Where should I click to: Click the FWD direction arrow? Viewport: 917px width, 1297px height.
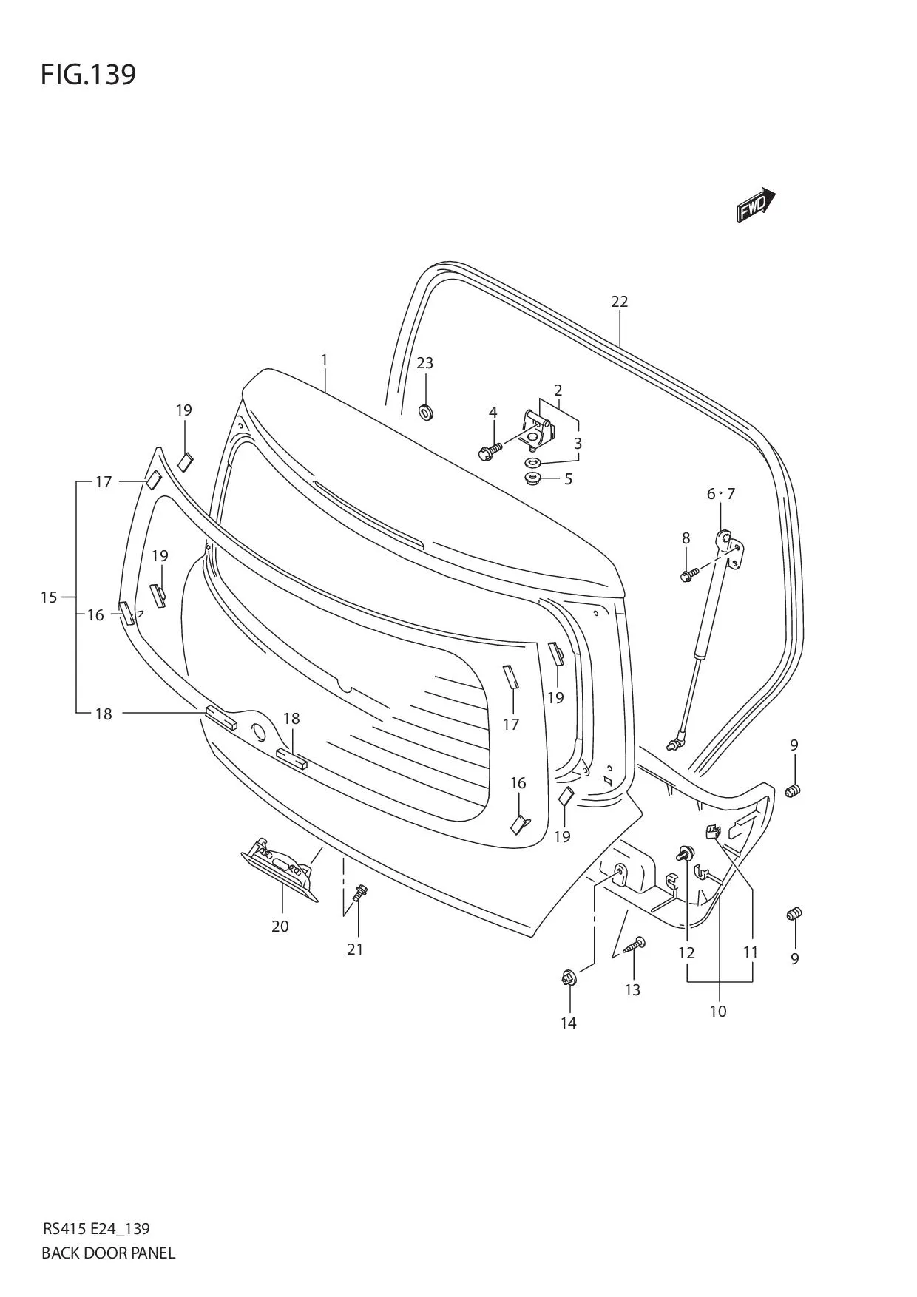756,205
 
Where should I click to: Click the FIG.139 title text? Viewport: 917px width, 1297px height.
88,75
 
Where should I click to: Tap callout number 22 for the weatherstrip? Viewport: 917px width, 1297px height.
619,302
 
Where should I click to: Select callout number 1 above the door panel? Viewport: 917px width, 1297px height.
324,360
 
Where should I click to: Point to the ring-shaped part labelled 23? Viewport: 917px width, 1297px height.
426,411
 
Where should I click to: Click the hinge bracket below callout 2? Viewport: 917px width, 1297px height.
537,430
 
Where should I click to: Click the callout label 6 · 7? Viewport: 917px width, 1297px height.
720,494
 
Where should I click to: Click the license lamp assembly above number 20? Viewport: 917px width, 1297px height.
280,872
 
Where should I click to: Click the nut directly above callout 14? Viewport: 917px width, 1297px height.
569,979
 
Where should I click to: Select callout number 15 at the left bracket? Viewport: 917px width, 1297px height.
49,597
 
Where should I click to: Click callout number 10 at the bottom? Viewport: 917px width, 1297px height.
718,1011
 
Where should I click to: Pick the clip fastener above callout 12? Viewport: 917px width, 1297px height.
685,855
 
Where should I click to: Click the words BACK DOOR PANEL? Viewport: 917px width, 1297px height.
108,1252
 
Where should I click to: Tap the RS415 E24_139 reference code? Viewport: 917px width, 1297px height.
95,1228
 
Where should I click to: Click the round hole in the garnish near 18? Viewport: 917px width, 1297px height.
259,733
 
